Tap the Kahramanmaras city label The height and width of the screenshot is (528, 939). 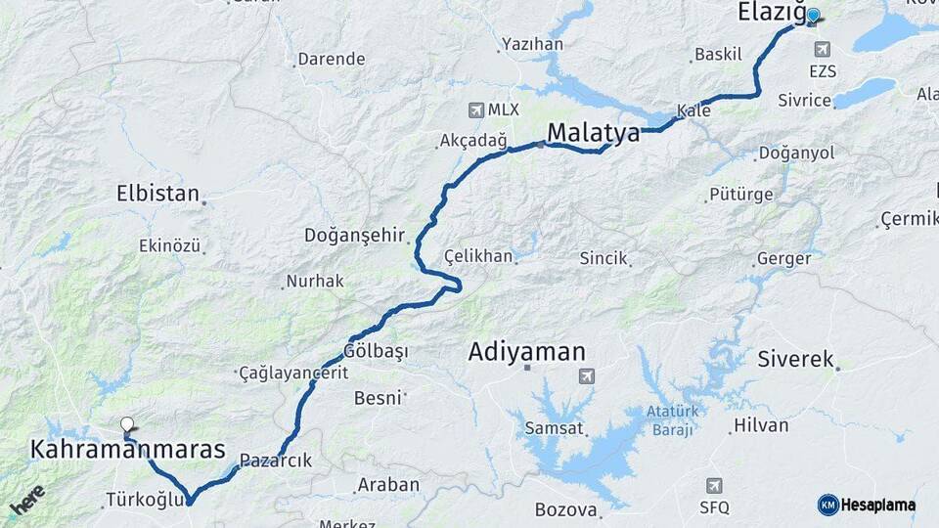click(128, 451)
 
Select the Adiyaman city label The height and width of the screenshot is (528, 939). click(526, 351)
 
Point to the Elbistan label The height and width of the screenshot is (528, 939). click(157, 193)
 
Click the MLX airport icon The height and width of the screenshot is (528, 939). click(476, 110)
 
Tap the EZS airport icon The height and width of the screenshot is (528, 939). click(822, 50)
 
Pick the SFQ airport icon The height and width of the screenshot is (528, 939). click(714, 486)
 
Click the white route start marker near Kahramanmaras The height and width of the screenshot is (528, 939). click(127, 425)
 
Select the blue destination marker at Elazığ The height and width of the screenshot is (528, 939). click(812, 16)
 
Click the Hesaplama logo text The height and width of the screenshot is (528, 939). click(877, 505)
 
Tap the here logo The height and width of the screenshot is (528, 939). click(26, 500)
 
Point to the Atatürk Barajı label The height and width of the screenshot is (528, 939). click(670, 420)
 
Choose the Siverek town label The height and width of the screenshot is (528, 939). click(795, 359)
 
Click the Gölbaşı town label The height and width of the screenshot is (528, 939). click(376, 350)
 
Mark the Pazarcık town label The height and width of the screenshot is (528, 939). click(276, 461)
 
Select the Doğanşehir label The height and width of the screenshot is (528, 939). click(354, 235)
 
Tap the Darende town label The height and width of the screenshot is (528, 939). click(332, 59)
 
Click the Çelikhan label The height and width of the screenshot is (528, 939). click(478, 256)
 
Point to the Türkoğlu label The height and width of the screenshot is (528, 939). click(146, 501)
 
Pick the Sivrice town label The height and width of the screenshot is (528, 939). click(804, 100)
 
